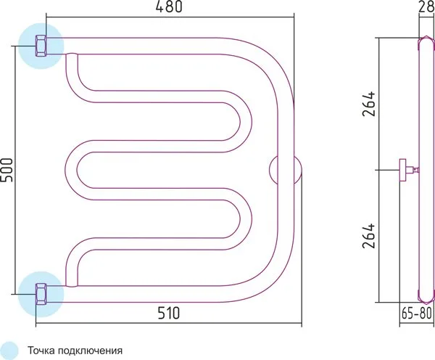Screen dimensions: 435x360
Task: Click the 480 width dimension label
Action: (x=169, y=7)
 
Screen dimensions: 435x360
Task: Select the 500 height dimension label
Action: (x=7, y=170)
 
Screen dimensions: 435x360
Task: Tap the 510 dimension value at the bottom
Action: (x=169, y=313)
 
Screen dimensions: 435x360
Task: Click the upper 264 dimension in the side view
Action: (x=370, y=103)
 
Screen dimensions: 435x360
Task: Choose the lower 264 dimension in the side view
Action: (x=370, y=235)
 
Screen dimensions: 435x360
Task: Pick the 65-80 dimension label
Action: (x=417, y=314)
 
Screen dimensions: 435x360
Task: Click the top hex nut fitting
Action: (x=41, y=46)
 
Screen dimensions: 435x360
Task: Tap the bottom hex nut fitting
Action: (x=41, y=294)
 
